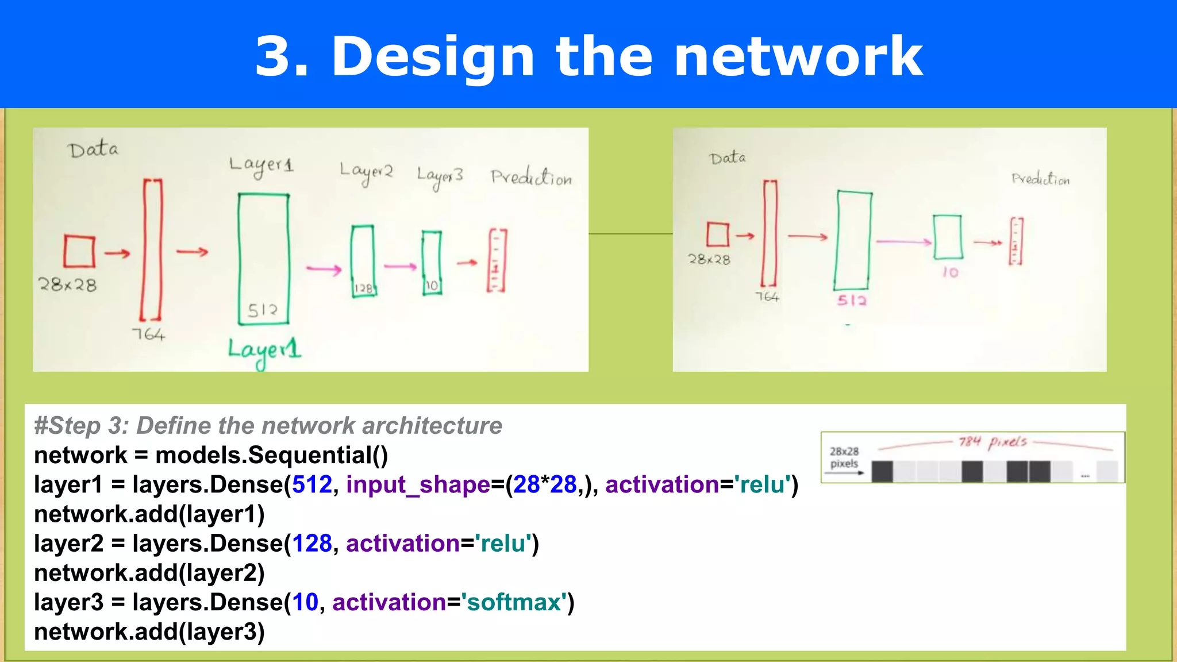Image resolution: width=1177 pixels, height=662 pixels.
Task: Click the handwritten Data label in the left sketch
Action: coord(93,149)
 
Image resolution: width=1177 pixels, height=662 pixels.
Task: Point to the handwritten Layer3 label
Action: coord(440,176)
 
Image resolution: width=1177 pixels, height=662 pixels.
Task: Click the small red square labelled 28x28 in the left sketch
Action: coord(79,251)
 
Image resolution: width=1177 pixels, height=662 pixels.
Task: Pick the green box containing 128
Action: coord(363,261)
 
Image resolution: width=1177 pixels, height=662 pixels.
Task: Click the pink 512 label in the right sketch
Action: coord(852,300)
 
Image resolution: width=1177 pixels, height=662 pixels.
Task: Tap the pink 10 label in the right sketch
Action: coord(951,272)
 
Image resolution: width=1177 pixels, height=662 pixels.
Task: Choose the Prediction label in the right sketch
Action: coord(1040,179)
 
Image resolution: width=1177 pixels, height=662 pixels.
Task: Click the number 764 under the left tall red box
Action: coord(148,334)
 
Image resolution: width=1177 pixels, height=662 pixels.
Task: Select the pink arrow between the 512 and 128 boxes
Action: coord(324,269)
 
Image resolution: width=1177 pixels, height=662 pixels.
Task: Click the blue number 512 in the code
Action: coord(312,484)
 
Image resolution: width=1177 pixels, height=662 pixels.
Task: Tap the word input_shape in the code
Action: coord(418,484)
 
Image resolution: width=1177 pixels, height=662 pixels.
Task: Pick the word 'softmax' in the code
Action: coord(514,602)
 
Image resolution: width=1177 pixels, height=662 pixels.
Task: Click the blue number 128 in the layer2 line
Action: coord(312,544)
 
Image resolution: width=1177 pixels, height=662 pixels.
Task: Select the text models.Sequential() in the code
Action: coord(271,455)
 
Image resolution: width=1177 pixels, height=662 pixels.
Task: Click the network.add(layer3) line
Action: coord(149,632)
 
